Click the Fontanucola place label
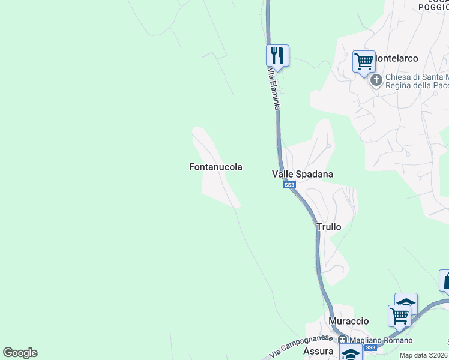coord(215,167)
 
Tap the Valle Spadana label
coord(303,174)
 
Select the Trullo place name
coord(328,227)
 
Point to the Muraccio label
coord(349,321)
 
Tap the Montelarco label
coord(397,58)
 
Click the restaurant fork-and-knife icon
coord(277,55)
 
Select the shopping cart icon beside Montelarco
coord(364,61)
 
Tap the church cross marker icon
coord(376,80)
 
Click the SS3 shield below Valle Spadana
coord(289,185)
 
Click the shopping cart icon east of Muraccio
coord(399,314)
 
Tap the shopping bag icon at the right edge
coord(445,280)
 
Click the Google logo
coord(20,353)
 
